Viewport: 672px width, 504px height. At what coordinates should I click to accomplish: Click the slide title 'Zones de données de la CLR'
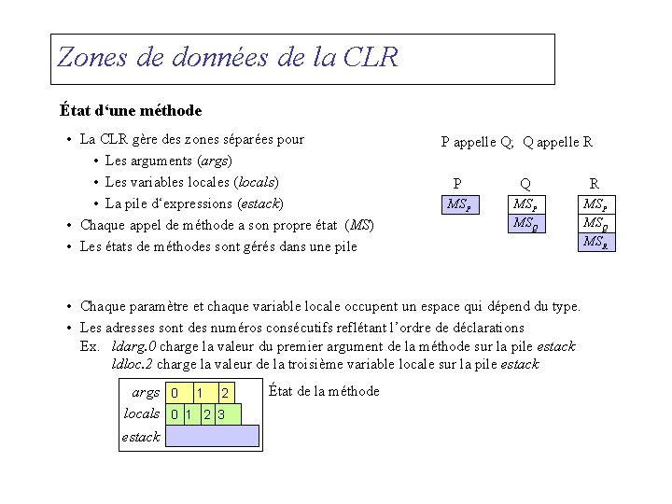228,58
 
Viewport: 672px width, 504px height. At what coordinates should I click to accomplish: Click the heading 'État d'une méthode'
130,111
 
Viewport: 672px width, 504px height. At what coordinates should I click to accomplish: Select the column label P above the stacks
456,184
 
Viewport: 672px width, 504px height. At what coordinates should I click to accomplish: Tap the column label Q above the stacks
526,184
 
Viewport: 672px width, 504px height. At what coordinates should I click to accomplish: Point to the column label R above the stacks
594,184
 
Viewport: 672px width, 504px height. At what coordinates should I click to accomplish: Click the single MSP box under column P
458,203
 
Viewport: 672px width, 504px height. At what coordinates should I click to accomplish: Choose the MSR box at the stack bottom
595,242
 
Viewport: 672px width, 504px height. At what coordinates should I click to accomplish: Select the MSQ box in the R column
595,223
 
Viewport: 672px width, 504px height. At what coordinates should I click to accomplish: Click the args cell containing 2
226,393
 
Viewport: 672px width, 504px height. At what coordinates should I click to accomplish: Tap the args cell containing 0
175,393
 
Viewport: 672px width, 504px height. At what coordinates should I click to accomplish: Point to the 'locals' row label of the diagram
141,413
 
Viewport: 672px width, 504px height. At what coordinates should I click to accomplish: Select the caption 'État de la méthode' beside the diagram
323,391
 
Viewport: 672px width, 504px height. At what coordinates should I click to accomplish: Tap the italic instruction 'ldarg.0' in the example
133,346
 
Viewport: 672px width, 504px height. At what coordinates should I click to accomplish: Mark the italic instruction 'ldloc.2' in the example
133,363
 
